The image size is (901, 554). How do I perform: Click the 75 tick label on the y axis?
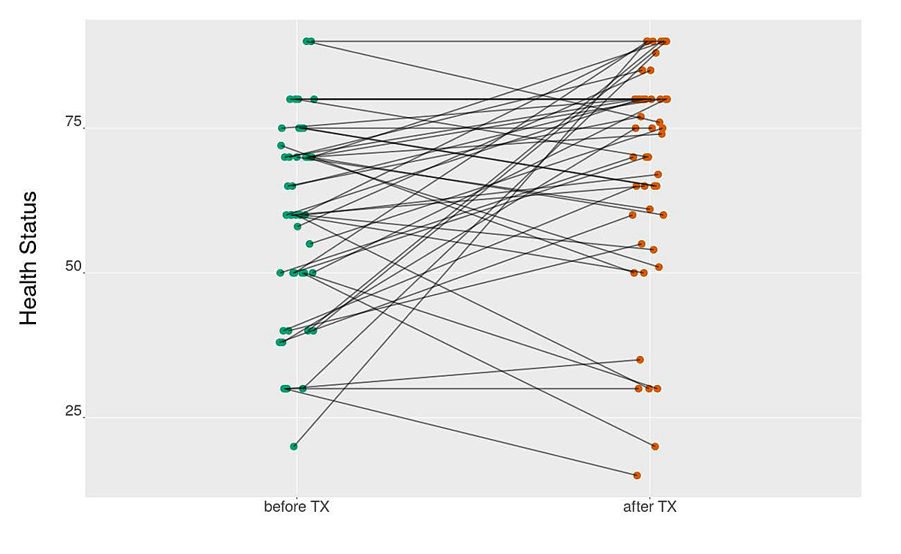click(x=74, y=122)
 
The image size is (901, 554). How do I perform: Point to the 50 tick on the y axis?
click(x=74, y=267)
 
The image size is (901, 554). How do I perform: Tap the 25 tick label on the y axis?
click(x=74, y=411)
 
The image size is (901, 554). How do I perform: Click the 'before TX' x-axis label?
click(x=297, y=507)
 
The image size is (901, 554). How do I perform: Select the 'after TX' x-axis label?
click(x=649, y=507)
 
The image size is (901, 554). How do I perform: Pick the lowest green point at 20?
click(x=294, y=447)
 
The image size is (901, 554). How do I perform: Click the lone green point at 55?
click(x=309, y=244)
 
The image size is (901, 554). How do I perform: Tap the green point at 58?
click(x=297, y=226)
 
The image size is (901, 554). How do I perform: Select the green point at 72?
click(x=281, y=146)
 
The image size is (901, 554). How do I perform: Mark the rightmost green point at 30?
click(x=303, y=389)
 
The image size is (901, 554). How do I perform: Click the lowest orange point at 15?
click(x=637, y=475)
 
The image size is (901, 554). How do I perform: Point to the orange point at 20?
click(x=655, y=447)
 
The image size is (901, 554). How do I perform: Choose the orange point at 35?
click(x=640, y=360)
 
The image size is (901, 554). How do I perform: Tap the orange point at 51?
click(x=658, y=267)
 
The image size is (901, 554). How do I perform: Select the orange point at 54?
click(x=653, y=250)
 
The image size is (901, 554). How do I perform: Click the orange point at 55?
click(x=641, y=244)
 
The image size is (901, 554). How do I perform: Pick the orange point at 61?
click(x=649, y=209)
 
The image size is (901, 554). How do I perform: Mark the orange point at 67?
click(x=658, y=174)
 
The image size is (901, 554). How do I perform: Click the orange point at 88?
click(x=655, y=53)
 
